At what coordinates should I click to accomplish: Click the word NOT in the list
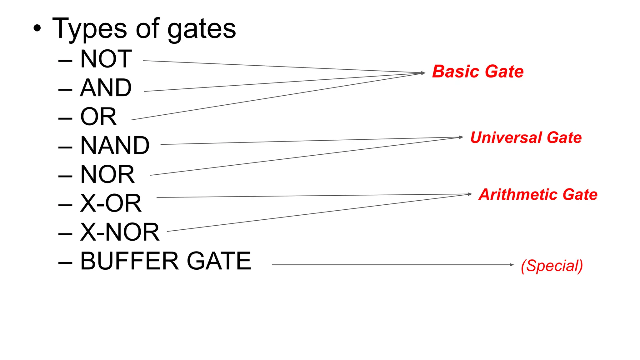point(106,59)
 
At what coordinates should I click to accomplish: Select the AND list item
point(106,88)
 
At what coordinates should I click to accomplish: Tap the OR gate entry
point(98,117)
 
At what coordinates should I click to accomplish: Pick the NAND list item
point(115,146)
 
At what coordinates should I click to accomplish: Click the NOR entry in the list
point(107,174)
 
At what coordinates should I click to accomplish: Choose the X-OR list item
point(111,203)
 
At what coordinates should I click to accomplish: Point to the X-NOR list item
point(120,232)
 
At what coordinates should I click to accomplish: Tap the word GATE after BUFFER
point(219,261)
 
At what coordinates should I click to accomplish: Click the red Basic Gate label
point(477,72)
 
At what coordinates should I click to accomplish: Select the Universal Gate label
point(526,137)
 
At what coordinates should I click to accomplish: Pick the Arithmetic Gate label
point(538,194)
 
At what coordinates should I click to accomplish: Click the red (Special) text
point(552,266)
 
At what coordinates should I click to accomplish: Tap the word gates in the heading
point(202,29)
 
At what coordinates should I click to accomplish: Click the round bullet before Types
point(37,28)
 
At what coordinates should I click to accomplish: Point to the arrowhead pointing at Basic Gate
point(423,73)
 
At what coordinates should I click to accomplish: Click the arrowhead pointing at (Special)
point(512,265)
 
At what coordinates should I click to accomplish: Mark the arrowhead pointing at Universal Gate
point(461,137)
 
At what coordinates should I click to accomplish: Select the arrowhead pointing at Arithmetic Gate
point(470,194)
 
